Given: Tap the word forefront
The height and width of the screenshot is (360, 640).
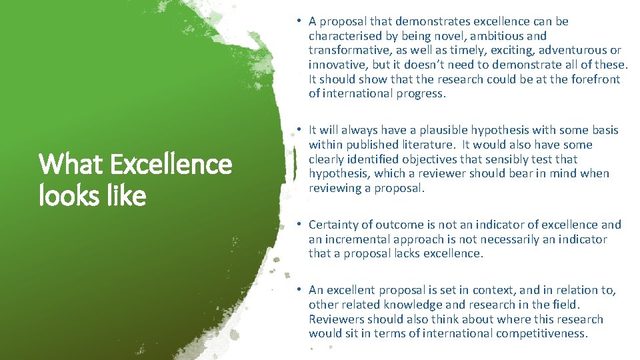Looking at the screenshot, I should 596,79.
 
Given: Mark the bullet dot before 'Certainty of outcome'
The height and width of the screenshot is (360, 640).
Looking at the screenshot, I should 301,225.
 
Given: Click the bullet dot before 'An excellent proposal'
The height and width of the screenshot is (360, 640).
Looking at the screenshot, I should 301,290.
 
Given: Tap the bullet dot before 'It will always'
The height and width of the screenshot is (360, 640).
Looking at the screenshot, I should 301,130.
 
